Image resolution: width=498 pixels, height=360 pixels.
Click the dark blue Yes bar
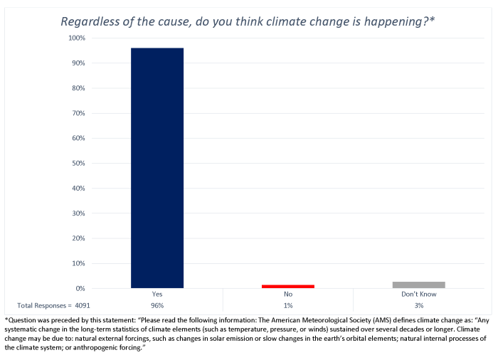(x=157, y=168)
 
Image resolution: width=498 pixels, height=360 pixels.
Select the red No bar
(x=287, y=286)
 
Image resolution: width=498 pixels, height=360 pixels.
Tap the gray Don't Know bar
(x=418, y=285)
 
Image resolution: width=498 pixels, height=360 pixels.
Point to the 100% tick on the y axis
(x=76, y=38)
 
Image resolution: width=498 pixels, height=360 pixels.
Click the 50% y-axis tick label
(x=78, y=163)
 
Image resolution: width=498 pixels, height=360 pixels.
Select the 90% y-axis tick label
(x=78, y=63)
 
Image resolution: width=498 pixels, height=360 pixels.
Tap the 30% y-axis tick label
(x=78, y=213)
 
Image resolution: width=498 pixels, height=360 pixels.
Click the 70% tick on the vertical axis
(x=78, y=113)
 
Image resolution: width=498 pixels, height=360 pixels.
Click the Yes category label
(x=157, y=295)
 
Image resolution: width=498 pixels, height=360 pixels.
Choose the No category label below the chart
(x=288, y=295)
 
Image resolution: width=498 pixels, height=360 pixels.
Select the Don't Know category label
(x=418, y=295)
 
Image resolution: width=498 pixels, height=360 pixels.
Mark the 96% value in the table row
(x=157, y=305)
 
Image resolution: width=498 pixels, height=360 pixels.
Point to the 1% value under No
(x=288, y=305)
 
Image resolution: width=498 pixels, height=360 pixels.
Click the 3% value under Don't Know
(x=418, y=305)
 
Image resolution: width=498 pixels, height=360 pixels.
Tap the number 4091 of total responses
(x=83, y=305)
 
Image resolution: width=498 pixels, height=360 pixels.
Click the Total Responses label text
(x=42, y=305)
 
